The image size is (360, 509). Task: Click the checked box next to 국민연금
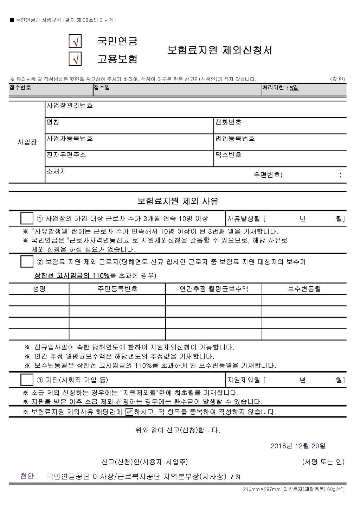[x=75, y=41]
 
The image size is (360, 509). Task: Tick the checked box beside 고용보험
[x=75, y=58]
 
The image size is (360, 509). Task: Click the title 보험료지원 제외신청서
[x=220, y=50]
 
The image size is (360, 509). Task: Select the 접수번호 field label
[x=20, y=87]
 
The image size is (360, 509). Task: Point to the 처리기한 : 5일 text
[x=281, y=88]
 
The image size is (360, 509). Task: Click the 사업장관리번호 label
[x=70, y=106]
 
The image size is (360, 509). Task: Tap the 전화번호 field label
[x=228, y=122]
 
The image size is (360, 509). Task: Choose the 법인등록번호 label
[x=235, y=138]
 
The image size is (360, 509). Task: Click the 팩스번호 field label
[x=228, y=155]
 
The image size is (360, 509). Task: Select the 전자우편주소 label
[x=66, y=155]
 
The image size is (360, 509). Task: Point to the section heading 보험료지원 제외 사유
[x=178, y=201]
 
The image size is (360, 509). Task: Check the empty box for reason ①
[x=27, y=218]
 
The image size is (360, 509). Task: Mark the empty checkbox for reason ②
[x=27, y=262]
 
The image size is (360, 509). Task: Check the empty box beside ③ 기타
[x=27, y=380]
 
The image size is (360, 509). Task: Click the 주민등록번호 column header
[x=117, y=289]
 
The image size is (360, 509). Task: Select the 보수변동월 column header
[x=304, y=289]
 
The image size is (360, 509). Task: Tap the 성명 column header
[x=39, y=289]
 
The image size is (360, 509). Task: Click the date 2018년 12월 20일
[x=298, y=446]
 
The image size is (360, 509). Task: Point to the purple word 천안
[x=27, y=476]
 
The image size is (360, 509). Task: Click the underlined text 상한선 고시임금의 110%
[x=72, y=276]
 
